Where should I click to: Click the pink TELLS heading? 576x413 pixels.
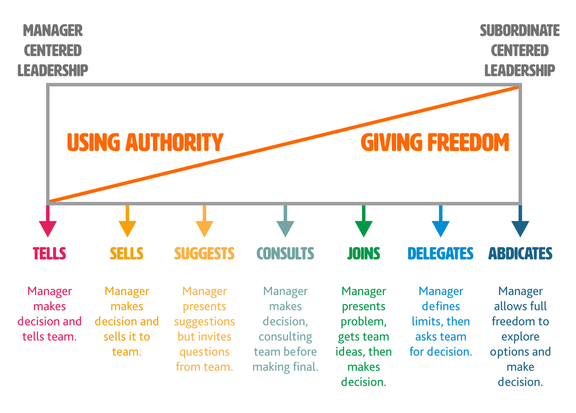(49, 253)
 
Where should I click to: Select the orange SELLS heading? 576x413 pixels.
(127, 253)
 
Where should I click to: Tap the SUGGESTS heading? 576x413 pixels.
(204, 253)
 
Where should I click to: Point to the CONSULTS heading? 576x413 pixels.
(285, 253)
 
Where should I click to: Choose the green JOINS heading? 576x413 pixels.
(364, 253)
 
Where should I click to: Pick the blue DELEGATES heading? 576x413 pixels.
(440, 253)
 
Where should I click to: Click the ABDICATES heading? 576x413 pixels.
(520, 253)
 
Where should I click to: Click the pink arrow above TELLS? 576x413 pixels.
(47, 223)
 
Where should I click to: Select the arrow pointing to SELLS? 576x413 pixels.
(127, 223)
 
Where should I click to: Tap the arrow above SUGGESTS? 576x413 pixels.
(204, 223)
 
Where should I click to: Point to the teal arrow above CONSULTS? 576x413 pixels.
(285, 223)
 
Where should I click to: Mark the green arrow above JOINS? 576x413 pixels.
(364, 223)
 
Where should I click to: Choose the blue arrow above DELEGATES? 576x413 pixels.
(440, 223)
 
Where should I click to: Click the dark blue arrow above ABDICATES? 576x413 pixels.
(520, 223)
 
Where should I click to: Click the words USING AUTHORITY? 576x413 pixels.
(145, 142)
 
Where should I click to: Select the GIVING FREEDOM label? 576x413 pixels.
(435, 142)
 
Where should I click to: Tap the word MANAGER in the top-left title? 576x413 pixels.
(53, 31)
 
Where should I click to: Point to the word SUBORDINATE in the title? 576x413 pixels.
(520, 31)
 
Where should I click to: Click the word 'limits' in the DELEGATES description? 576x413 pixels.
(425, 321)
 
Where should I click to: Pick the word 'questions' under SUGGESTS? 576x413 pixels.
(204, 352)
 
